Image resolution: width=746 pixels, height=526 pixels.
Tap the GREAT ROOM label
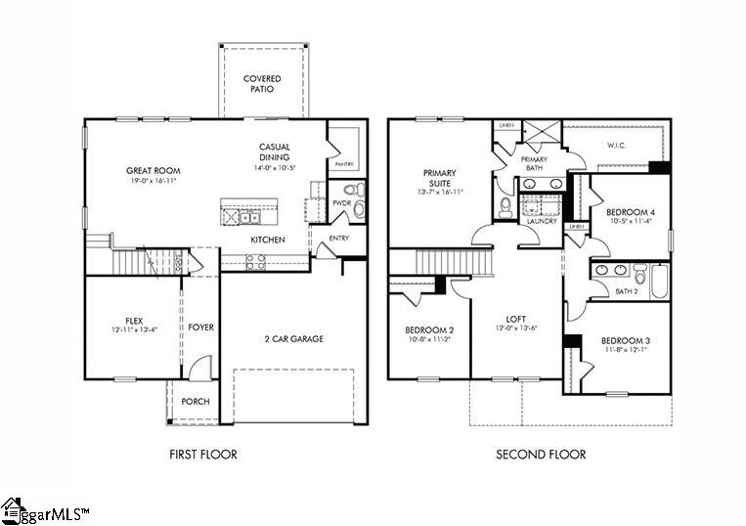153,170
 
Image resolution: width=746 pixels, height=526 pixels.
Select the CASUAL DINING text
274,152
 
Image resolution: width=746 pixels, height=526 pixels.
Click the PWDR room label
340,203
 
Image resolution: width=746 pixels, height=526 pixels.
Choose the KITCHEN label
268,240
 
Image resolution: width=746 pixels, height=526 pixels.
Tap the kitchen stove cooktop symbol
254,261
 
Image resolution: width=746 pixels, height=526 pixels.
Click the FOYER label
201,327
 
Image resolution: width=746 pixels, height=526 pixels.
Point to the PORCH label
196,401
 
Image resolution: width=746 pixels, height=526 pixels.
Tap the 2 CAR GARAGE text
293,339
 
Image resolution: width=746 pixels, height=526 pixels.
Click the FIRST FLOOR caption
203,454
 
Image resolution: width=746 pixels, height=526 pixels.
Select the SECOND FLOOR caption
541,454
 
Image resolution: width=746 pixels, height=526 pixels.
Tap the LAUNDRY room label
542,221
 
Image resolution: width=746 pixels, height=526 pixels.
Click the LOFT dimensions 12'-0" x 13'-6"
516,329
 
